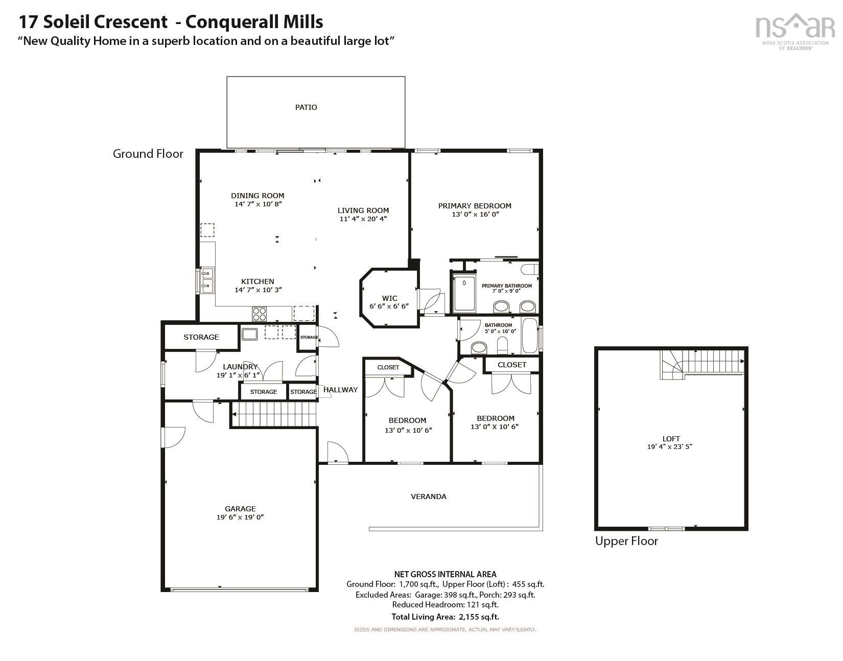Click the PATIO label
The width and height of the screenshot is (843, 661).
pyautogui.click(x=306, y=107)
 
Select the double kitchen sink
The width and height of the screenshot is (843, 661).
pyautogui.click(x=207, y=279)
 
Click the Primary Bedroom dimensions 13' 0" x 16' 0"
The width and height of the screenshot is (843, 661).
pyautogui.click(x=475, y=215)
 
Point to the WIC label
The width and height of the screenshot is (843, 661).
pyautogui.click(x=389, y=298)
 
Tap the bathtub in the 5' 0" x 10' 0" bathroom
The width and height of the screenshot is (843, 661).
pyautogui.click(x=529, y=336)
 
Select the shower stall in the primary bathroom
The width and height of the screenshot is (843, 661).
pyautogui.click(x=464, y=294)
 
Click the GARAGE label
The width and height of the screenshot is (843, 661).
pyautogui.click(x=240, y=509)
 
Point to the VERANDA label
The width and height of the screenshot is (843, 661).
pyautogui.click(x=429, y=497)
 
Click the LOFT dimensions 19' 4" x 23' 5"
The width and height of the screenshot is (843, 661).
pyautogui.click(x=671, y=446)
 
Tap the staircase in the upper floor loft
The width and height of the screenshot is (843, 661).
pyautogui.click(x=703, y=364)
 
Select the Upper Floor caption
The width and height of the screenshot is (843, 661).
pyautogui.click(x=626, y=541)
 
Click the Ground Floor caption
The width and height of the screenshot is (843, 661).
pyautogui.click(x=148, y=154)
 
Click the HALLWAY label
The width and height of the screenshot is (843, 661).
pyautogui.click(x=341, y=390)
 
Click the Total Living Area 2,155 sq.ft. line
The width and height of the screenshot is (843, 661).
pyautogui.click(x=445, y=617)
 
